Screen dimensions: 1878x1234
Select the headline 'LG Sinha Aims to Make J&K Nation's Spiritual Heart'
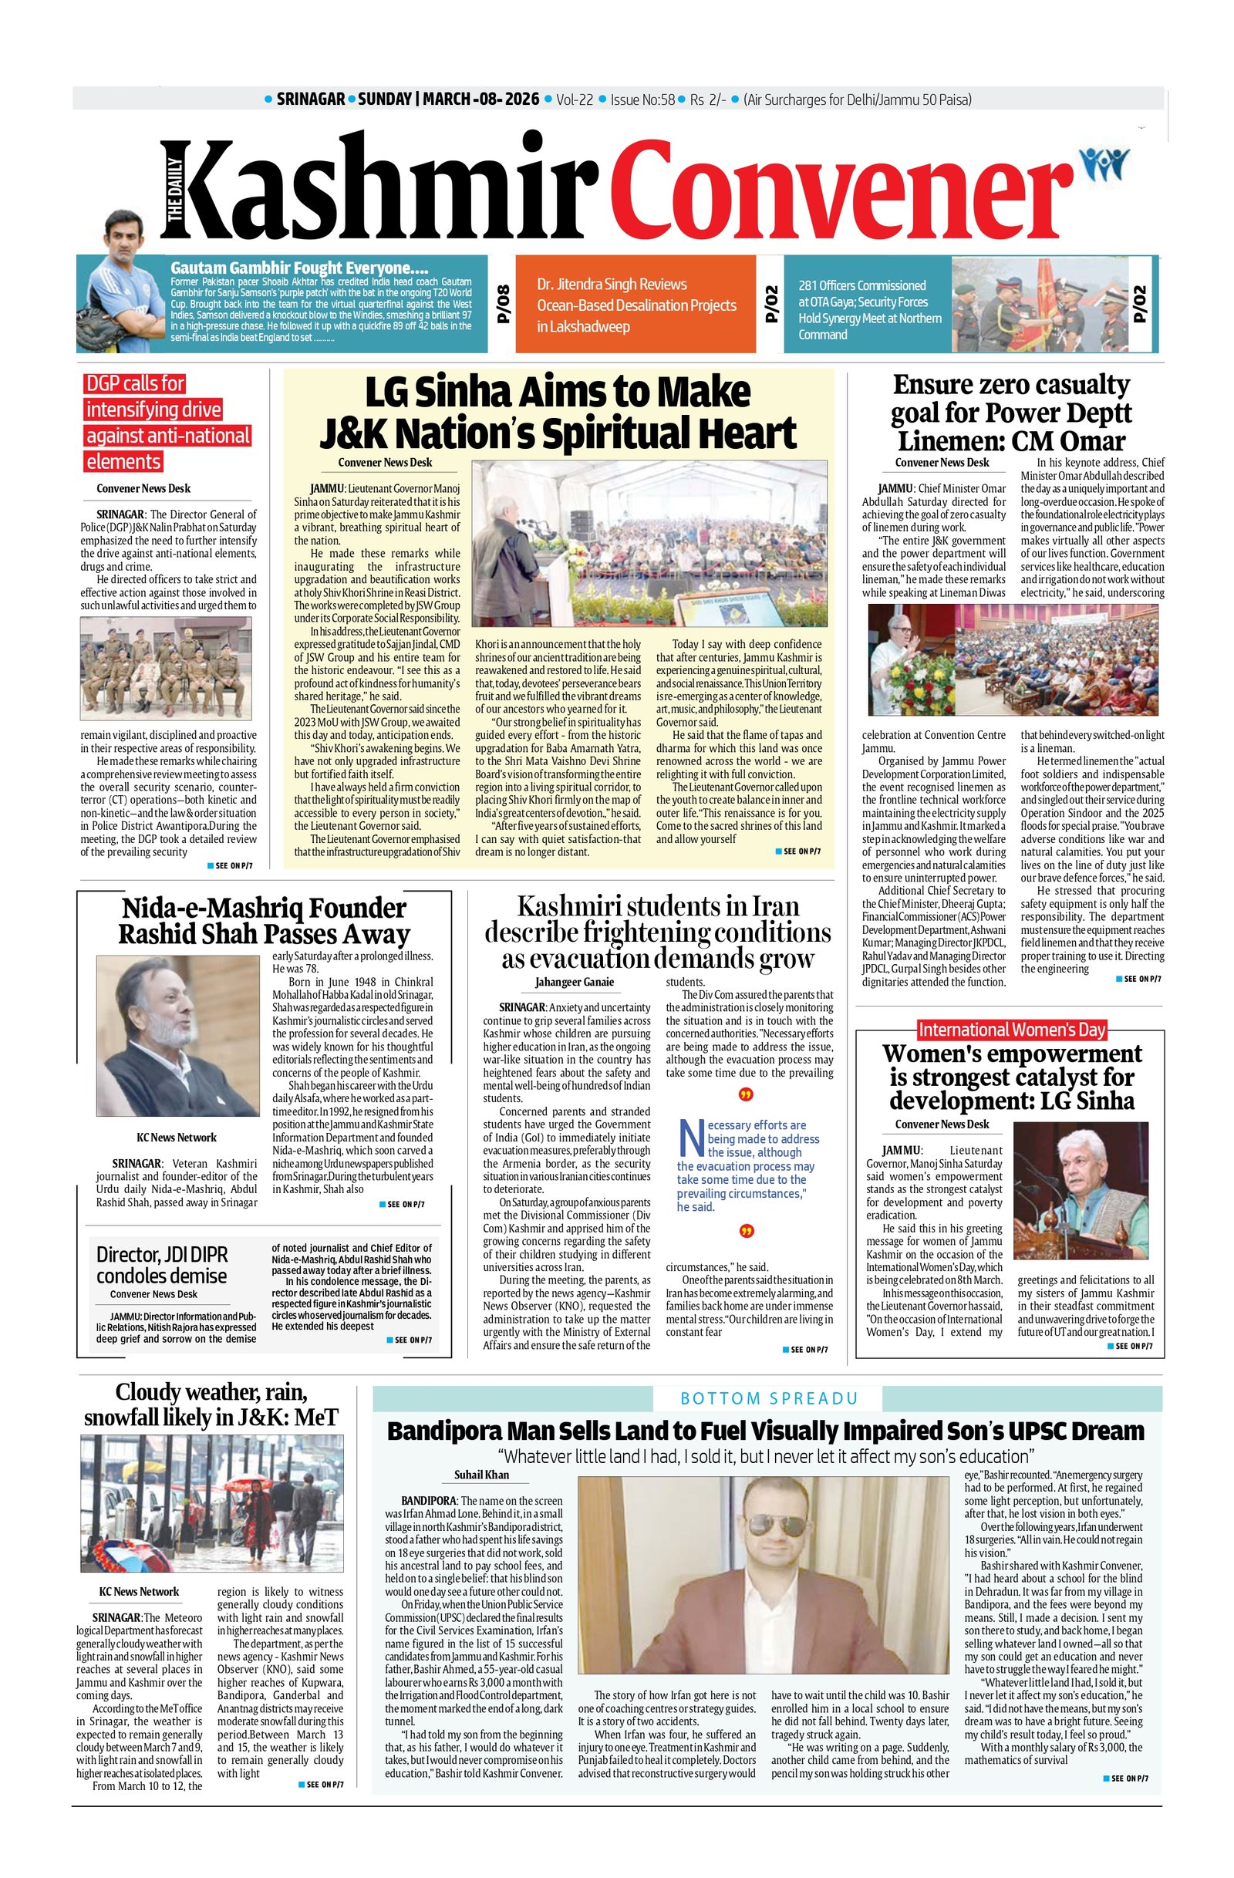coord(558,413)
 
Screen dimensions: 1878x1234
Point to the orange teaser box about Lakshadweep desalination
coord(636,305)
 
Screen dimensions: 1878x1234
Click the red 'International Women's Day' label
coord(1012,1029)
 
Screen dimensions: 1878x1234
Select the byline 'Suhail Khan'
coord(481,1474)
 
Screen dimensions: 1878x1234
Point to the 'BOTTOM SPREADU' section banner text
coord(768,1398)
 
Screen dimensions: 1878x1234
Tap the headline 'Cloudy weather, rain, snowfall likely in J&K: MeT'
coord(211,1404)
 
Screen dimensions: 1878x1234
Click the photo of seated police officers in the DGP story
coord(166,669)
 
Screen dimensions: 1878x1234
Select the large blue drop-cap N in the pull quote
coord(691,1137)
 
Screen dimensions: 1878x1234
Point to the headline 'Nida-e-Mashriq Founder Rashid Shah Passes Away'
coord(264,920)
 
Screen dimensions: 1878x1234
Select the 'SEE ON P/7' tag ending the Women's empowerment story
coord(1135,1345)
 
